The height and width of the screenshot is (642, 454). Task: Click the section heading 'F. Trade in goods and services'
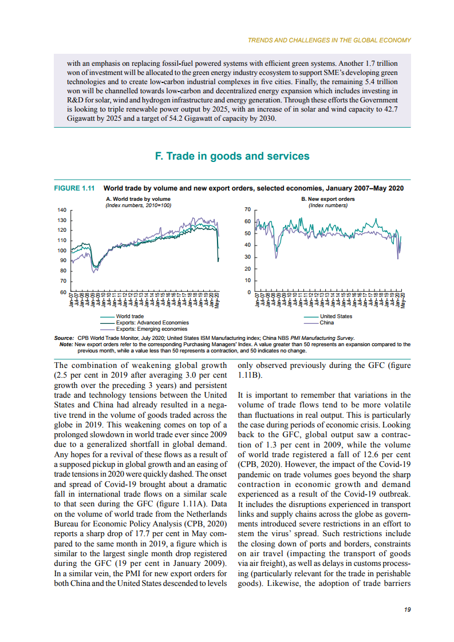[x=232, y=156]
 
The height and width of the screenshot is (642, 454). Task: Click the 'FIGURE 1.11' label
[x=74, y=188]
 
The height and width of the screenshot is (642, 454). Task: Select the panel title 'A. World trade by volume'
[x=138, y=199]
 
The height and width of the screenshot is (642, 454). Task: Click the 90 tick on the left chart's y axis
[x=63, y=261]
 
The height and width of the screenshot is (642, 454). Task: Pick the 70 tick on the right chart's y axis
[x=247, y=210]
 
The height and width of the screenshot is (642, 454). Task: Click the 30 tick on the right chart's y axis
[x=247, y=257]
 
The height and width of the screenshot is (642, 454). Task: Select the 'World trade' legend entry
[x=129, y=316]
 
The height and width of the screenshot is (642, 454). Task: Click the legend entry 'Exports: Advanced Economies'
[x=152, y=323]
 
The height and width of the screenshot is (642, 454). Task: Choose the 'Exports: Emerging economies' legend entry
[x=151, y=329]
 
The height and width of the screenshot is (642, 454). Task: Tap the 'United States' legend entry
[x=336, y=316]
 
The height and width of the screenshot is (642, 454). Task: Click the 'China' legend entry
[x=327, y=323]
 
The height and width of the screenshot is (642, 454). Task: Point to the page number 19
[x=407, y=610]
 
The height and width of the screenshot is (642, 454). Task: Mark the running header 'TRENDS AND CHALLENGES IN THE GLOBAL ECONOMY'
[x=329, y=40]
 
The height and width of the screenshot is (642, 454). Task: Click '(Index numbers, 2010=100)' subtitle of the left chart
[x=139, y=205]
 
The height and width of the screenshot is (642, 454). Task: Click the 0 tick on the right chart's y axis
[x=249, y=292]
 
